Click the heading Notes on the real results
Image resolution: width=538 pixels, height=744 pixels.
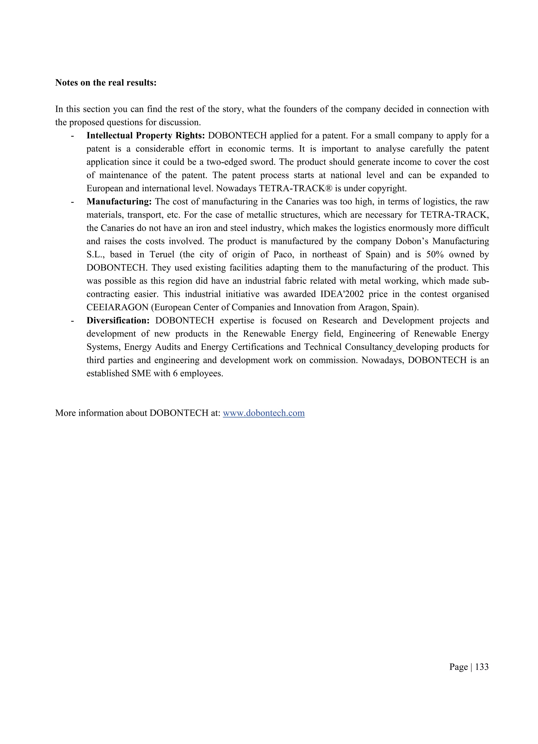[106, 83]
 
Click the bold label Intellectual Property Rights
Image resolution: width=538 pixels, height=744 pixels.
[146, 136]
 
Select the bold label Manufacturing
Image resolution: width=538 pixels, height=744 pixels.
[119, 201]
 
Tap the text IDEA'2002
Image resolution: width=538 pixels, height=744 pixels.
[342, 294]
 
